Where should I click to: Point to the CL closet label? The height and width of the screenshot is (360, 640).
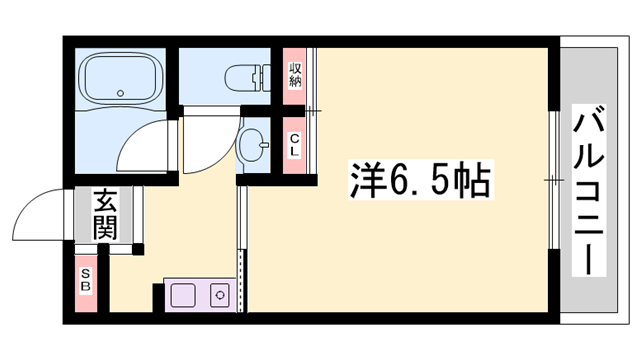[295, 145]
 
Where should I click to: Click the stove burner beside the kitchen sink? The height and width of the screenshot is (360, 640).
[219, 295]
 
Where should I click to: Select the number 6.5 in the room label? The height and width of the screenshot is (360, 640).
[416, 182]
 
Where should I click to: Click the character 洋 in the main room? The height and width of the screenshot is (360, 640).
[365, 181]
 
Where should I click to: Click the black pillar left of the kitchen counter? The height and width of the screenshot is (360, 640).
[158, 296]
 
